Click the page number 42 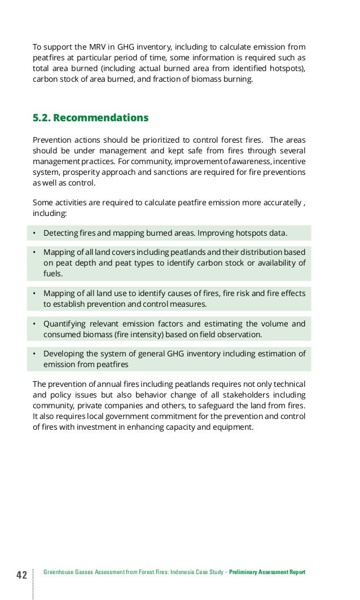tap(21, 575)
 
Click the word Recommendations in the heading tap(100, 118)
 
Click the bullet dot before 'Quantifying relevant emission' tap(34, 324)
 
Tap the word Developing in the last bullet tap(63, 354)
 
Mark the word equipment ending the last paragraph tap(232, 427)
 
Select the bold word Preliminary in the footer tap(245, 572)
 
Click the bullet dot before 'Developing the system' tap(34, 354)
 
